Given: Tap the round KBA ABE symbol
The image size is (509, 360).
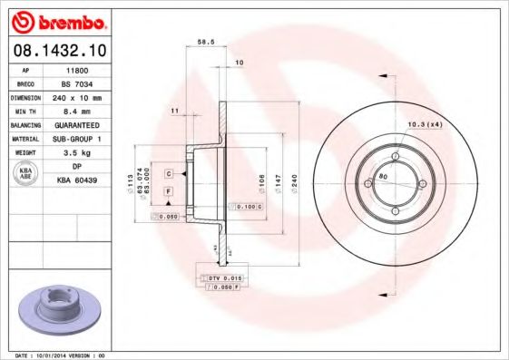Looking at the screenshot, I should coord(26,175).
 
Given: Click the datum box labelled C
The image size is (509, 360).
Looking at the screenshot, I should coord(169,172).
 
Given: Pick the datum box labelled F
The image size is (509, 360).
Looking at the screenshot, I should coord(169,191).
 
